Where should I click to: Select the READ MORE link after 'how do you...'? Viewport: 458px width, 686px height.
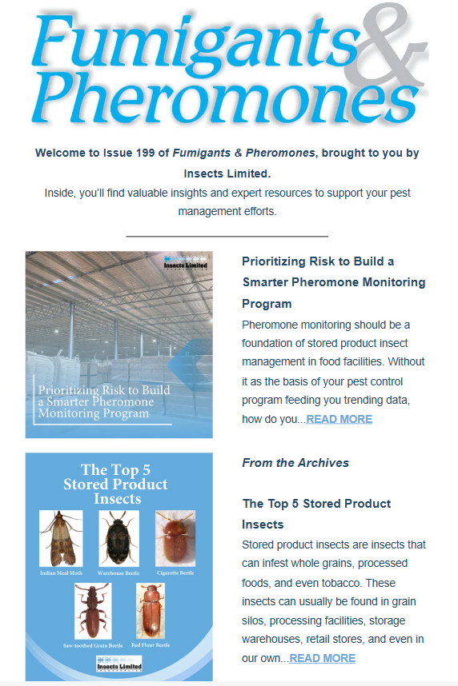[x=339, y=419]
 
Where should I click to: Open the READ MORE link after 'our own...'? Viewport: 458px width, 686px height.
[x=322, y=658]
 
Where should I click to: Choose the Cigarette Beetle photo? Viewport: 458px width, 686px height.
[x=175, y=536]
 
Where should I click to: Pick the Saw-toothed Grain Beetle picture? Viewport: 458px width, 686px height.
[x=93, y=612]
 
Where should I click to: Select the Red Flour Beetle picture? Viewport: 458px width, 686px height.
[x=151, y=612]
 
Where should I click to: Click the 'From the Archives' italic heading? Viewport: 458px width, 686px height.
[x=295, y=463]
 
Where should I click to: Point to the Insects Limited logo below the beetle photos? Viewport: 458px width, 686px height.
[x=119, y=665]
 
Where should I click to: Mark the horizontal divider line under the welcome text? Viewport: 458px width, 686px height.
[x=227, y=237]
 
